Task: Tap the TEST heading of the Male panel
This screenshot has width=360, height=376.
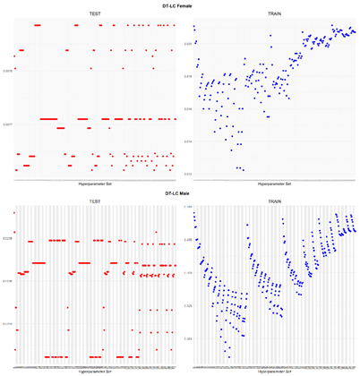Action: [94, 201]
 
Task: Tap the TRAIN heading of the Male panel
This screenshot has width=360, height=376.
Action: [273, 201]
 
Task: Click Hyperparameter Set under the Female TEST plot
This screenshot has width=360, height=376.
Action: [94, 184]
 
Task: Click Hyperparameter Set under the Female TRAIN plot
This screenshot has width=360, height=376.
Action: [273, 184]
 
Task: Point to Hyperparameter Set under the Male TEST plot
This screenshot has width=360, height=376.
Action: [94, 371]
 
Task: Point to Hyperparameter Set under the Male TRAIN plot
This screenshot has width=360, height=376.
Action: [273, 371]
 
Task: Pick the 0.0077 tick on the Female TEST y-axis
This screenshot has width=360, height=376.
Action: [8, 124]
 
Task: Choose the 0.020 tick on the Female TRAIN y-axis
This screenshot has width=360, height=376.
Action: [188, 43]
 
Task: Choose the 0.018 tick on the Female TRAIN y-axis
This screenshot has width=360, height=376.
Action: [188, 76]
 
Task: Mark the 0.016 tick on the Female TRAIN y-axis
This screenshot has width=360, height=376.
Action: [188, 108]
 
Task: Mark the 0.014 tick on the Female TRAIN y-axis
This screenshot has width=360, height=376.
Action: [188, 141]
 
